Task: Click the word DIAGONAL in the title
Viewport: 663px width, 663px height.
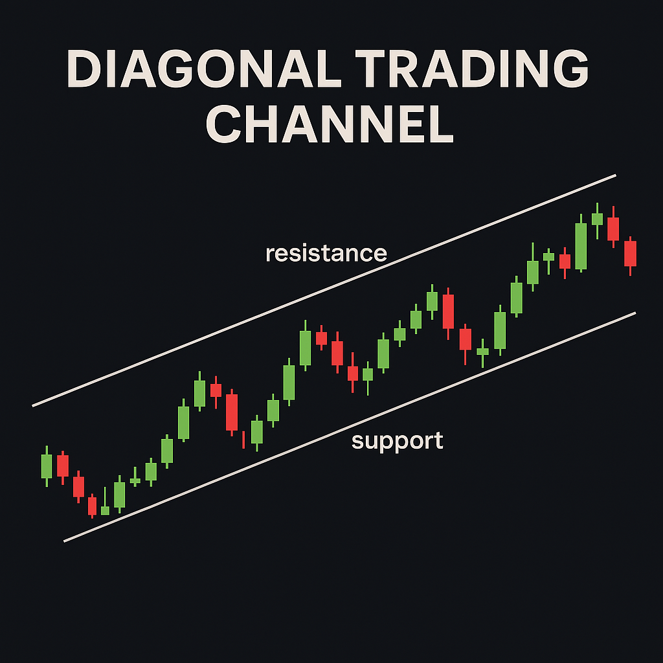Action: [x=204, y=69]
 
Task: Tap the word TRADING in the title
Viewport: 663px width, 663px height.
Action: [x=471, y=69]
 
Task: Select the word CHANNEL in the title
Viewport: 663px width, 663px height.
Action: [x=330, y=124]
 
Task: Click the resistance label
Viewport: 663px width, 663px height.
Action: [x=326, y=253]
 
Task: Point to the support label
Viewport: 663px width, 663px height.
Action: [x=397, y=442]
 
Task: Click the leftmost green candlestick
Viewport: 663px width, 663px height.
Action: [x=47, y=466]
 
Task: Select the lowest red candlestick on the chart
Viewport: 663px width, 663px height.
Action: [x=92, y=506]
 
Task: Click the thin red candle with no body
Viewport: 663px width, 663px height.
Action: [x=243, y=440]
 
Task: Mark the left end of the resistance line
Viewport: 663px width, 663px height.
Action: [x=32, y=406]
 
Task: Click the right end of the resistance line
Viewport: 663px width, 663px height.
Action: [x=616, y=175]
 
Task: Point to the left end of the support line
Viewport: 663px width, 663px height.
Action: [x=64, y=541]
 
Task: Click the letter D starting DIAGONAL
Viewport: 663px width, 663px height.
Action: [x=84, y=69]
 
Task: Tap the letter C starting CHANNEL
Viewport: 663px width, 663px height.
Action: [x=223, y=124]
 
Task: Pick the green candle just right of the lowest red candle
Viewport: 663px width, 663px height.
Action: [x=105, y=503]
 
